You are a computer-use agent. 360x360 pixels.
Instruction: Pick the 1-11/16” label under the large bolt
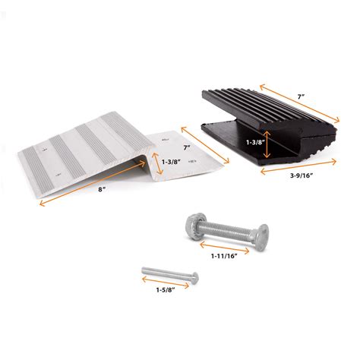224,255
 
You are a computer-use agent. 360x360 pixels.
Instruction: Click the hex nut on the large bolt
192,226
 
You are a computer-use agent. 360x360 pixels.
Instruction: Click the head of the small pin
144,270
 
